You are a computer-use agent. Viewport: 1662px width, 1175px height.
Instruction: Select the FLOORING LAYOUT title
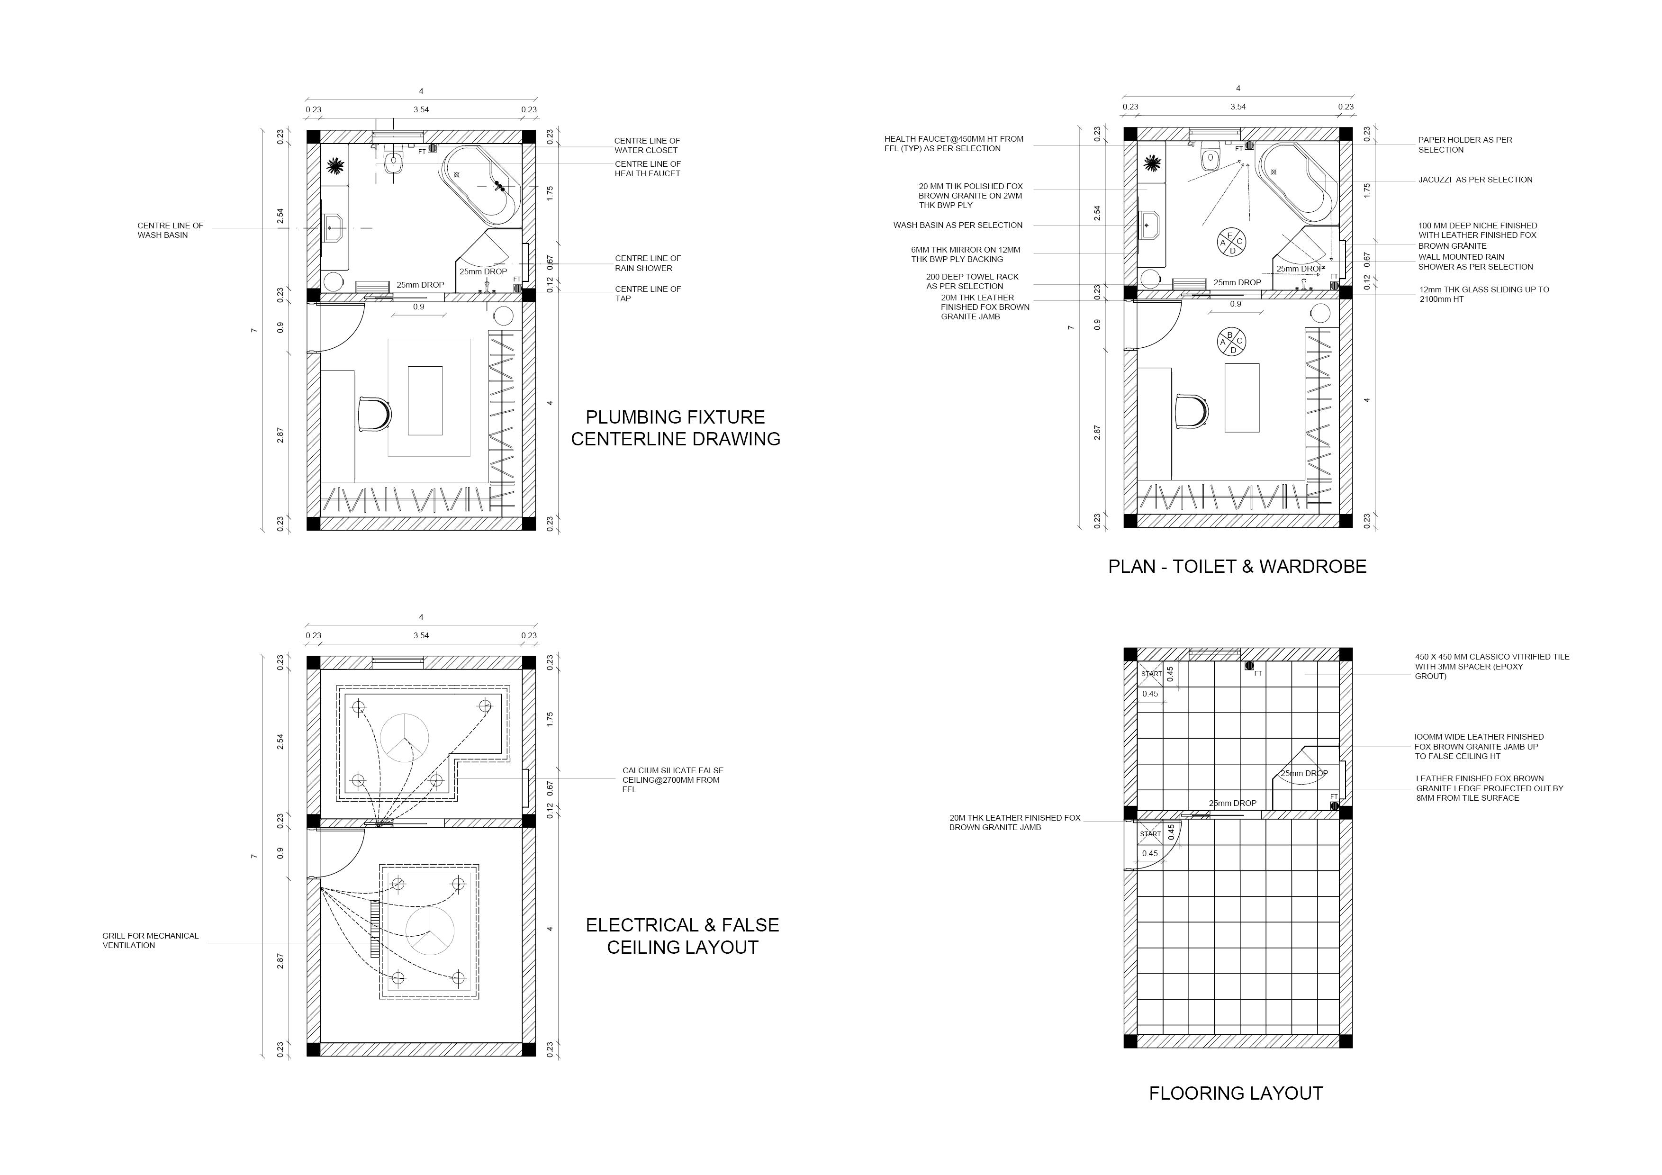pyautogui.click(x=1236, y=1093)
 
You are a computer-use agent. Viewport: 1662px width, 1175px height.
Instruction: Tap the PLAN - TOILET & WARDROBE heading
pyautogui.click(x=1237, y=566)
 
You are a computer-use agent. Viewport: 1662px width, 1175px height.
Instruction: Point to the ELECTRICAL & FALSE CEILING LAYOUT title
pyautogui.click(x=682, y=936)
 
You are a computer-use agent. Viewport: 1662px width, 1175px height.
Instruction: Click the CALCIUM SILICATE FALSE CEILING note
pyautogui.click(x=672, y=780)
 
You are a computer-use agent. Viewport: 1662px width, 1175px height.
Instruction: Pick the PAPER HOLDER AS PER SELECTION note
pyautogui.click(x=1464, y=145)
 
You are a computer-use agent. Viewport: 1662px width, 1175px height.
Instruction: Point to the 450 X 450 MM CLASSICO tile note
pyautogui.click(x=1491, y=666)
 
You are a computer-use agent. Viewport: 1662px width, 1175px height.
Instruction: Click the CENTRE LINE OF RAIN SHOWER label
pyautogui.click(x=647, y=263)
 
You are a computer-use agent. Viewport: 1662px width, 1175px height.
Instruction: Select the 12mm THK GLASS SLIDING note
pyautogui.click(x=1484, y=294)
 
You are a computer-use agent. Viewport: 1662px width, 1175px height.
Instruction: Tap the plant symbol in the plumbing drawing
pyautogui.click(x=335, y=166)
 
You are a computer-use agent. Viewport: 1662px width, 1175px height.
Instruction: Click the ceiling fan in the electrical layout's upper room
pyautogui.click(x=405, y=738)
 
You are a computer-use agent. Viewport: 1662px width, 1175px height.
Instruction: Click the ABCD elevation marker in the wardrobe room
pyautogui.click(x=1231, y=342)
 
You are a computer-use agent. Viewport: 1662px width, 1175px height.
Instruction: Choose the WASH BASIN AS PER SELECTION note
pyautogui.click(x=957, y=225)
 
